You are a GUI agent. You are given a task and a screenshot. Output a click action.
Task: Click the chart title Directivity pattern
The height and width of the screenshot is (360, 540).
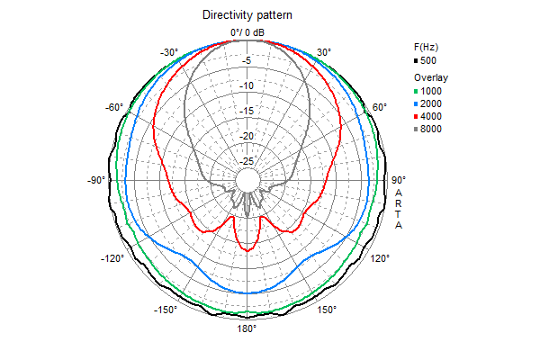tap(247, 15)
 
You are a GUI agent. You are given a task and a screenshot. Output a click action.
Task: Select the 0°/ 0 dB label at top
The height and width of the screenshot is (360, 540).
tap(247, 32)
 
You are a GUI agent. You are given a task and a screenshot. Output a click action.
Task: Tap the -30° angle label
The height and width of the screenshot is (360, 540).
tap(169, 52)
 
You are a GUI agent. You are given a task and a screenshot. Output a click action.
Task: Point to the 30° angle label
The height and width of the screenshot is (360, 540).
tap(324, 52)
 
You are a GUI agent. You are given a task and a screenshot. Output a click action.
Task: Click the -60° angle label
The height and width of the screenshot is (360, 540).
tap(113, 107)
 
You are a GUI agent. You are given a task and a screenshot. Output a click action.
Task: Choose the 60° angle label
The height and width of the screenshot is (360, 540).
tap(380, 107)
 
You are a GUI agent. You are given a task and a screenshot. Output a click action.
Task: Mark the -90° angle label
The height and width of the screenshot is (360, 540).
tap(97, 180)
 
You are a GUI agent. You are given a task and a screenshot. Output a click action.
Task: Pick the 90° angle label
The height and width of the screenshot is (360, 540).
tap(399, 180)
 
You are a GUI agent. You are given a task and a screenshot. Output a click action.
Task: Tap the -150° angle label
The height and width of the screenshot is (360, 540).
tap(166, 310)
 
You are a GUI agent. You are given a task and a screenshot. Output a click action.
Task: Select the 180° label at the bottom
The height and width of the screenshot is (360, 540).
tap(247, 329)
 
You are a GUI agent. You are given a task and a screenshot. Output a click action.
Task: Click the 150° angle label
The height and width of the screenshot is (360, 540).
tap(327, 310)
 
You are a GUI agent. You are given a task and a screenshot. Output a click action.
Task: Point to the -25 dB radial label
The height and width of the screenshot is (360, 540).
tap(245, 161)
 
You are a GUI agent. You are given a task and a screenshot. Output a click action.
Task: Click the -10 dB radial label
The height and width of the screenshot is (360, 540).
tap(245, 86)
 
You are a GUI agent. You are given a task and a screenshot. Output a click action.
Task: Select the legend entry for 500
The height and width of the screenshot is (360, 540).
tap(429, 60)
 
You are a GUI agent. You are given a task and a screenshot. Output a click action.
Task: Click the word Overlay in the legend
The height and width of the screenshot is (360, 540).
tap(431, 78)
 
